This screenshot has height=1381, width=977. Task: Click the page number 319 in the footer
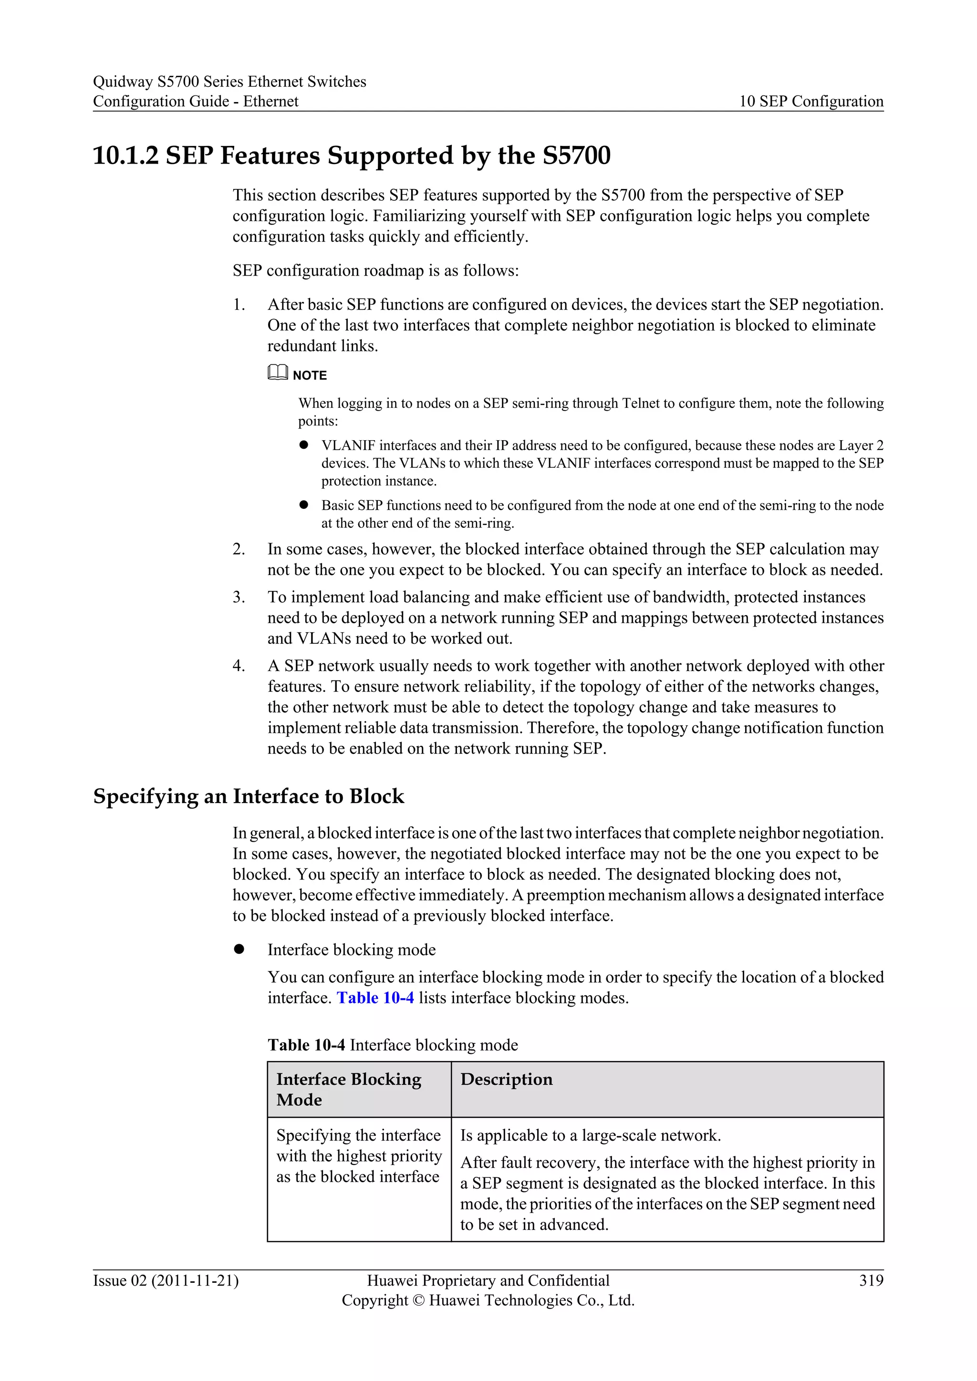(871, 1280)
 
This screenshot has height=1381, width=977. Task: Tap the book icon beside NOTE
(277, 373)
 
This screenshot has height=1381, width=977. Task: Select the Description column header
(506, 1079)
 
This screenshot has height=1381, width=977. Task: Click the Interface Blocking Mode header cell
(349, 1089)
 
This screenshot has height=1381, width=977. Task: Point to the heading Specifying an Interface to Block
(249, 796)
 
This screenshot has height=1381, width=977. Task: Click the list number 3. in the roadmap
(239, 597)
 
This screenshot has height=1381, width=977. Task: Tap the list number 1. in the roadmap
(239, 305)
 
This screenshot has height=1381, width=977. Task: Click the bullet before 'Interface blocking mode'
(239, 949)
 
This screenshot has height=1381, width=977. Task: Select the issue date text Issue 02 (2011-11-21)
(166, 1280)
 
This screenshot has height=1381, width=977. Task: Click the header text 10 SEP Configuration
(811, 101)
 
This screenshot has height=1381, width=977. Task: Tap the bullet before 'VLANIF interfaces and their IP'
(304, 445)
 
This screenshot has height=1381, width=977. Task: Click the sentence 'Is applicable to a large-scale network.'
(590, 1135)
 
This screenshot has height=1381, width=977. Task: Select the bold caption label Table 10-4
(306, 1045)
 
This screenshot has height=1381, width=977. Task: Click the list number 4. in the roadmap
(239, 666)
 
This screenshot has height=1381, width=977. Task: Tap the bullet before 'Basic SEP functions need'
(304, 505)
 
